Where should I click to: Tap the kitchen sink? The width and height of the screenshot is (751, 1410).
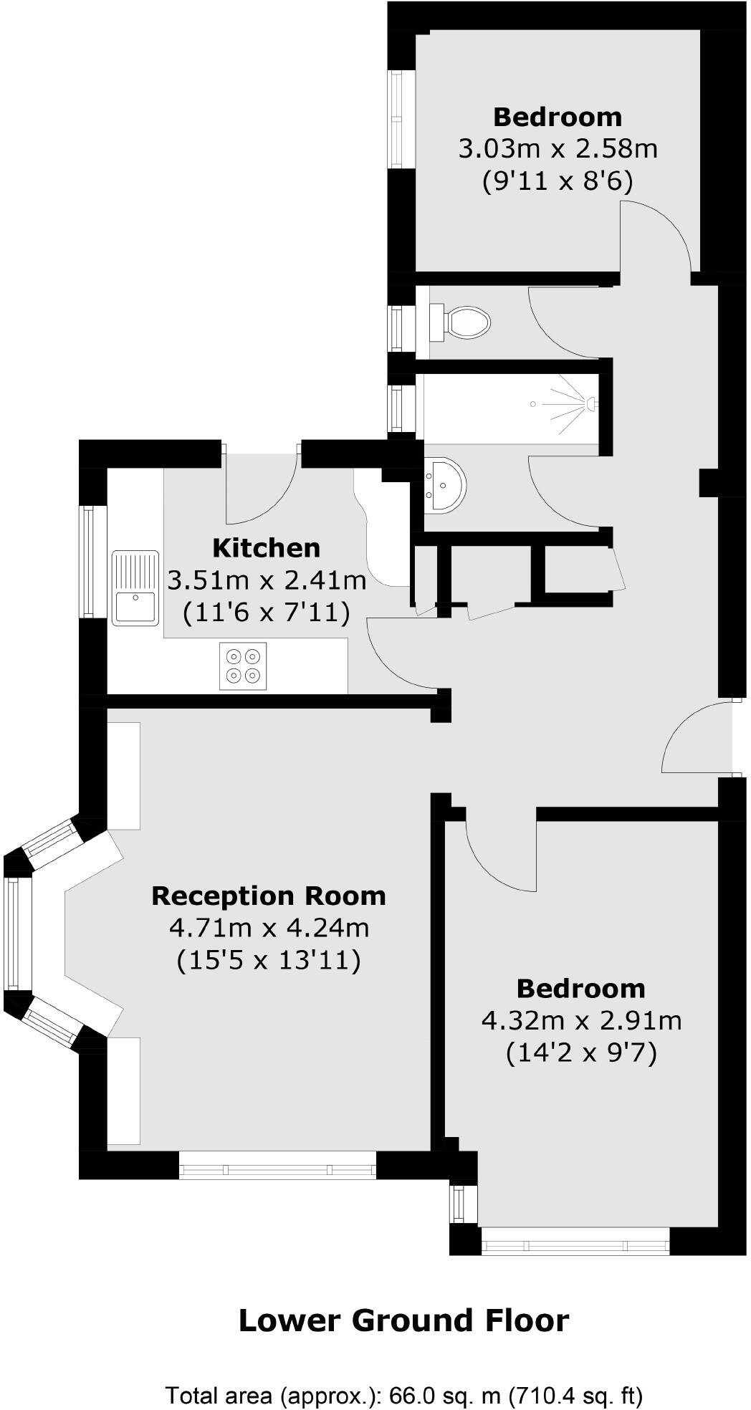coord(135,587)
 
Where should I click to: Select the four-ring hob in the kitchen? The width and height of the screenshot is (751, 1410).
coord(243,666)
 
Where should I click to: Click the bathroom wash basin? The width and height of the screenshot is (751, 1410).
coord(444,485)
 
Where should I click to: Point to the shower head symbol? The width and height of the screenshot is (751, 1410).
coord(591,404)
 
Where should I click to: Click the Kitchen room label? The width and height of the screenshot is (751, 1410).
coord(267,548)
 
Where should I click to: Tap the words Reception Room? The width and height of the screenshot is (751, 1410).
coord(269,896)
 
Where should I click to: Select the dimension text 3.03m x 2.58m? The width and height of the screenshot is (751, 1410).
coord(558,149)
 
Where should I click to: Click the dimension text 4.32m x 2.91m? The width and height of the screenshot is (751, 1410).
coord(581,1020)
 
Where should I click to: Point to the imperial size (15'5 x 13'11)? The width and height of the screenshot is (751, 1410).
coord(269,960)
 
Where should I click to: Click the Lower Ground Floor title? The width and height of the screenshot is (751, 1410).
coord(403,1320)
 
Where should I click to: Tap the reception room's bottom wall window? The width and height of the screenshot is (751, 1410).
coord(277,1171)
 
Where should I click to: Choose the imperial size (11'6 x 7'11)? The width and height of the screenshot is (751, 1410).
coord(267,613)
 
